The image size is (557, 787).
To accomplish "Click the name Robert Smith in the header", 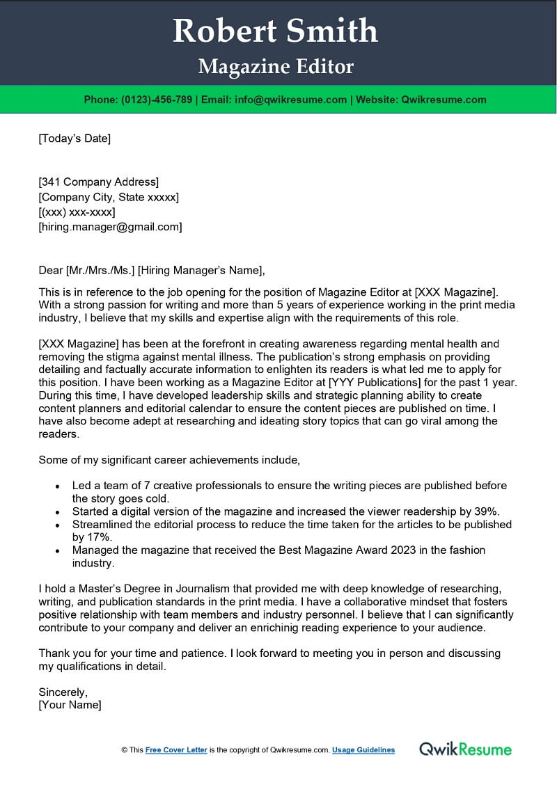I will click(276, 31).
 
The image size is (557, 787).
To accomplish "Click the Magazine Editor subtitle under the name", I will click(276, 67).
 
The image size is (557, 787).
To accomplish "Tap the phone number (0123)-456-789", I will click(157, 100).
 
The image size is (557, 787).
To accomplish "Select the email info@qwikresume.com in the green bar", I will click(291, 100).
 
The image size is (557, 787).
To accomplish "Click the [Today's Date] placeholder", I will click(74, 138).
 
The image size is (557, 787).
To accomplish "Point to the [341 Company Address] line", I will click(98, 182).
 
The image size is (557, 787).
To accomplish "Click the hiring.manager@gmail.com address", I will click(110, 227).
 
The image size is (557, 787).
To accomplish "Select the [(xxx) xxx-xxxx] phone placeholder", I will click(77, 212).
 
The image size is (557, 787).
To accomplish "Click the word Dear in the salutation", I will click(50, 271).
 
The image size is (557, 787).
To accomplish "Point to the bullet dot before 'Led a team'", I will click(57, 486).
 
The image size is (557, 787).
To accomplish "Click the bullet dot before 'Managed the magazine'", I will click(57, 551).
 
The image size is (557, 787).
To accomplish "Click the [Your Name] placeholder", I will click(70, 705).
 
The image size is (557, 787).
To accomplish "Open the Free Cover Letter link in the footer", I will click(176, 750).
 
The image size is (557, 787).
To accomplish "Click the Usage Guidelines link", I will click(363, 750).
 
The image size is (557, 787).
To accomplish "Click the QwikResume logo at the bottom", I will click(465, 749).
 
